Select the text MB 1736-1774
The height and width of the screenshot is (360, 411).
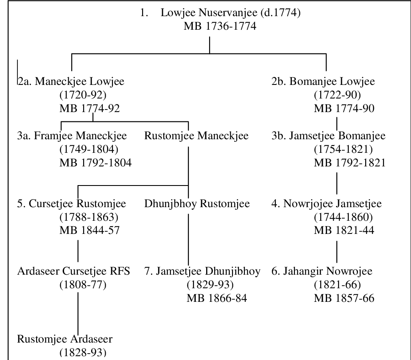(220, 26)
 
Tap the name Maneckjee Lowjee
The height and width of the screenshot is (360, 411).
(79, 82)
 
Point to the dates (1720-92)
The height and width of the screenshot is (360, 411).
(83, 95)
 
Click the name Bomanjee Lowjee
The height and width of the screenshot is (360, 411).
(332, 82)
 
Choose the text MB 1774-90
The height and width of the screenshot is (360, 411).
(344, 108)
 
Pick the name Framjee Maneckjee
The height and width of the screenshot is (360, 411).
(80, 136)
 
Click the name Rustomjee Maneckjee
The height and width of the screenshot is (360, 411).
(196, 136)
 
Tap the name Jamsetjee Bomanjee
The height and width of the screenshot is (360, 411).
(337, 136)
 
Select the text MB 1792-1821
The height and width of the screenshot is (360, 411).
(350, 163)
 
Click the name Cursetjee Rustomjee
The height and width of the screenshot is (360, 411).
(77, 204)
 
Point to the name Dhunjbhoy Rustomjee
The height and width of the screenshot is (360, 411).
(197, 204)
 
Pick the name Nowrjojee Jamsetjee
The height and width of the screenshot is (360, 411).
(333, 204)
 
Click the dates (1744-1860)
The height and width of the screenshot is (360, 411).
(344, 217)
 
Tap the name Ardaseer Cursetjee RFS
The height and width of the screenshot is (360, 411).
(74, 271)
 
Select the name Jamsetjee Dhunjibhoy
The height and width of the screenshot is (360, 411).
(208, 271)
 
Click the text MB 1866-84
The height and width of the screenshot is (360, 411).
(217, 298)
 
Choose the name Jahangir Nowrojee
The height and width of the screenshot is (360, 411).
(327, 271)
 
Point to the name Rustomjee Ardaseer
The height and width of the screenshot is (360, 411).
(65, 339)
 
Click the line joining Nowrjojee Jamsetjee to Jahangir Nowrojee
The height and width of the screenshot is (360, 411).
(337, 252)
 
